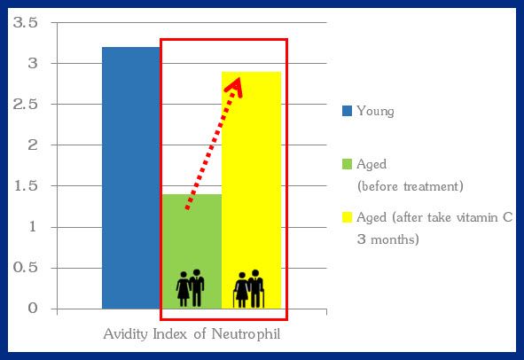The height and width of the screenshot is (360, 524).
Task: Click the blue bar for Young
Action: click(x=131, y=178)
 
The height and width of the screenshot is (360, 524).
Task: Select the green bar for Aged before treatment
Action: click(x=192, y=251)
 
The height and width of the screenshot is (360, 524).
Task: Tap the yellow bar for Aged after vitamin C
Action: click(x=251, y=190)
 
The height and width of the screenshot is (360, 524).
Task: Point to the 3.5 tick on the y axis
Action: click(x=25, y=23)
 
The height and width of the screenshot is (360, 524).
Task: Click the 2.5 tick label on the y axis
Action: click(x=25, y=105)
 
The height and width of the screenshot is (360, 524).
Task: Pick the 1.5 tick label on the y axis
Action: click(x=26, y=186)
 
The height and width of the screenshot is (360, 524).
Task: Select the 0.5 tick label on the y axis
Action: click(x=25, y=268)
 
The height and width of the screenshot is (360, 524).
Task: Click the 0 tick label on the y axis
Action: click(x=33, y=309)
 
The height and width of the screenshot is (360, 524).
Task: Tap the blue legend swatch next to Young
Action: click(x=347, y=111)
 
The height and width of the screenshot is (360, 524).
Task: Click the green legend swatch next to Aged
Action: click(x=347, y=164)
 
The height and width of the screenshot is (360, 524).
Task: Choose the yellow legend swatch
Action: click(x=347, y=217)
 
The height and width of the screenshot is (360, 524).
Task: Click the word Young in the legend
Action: click(x=375, y=112)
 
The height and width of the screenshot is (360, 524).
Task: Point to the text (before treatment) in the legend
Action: click(x=410, y=186)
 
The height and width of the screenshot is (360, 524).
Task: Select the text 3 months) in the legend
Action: click(x=388, y=239)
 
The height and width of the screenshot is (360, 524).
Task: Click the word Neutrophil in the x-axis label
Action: click(x=246, y=334)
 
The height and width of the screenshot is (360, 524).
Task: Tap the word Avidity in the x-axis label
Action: click(x=126, y=334)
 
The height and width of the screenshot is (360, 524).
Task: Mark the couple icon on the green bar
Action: click(x=190, y=288)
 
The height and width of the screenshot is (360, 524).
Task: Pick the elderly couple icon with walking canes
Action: click(x=249, y=289)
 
